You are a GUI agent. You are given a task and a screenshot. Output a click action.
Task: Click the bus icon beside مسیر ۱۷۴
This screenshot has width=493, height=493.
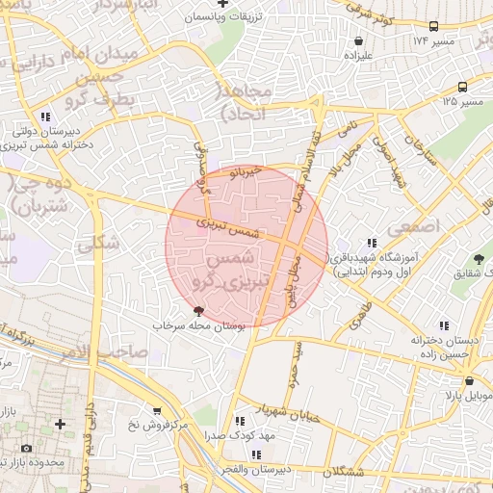[x=434, y=27]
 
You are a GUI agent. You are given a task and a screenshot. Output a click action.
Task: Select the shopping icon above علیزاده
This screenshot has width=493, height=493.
[x=359, y=41]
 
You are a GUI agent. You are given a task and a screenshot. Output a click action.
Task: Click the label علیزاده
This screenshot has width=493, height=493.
[x=358, y=57]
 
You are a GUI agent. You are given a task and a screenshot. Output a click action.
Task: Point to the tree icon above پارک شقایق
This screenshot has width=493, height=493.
[x=479, y=259]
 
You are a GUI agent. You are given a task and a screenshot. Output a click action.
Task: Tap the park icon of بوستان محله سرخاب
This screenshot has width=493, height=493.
[x=198, y=311]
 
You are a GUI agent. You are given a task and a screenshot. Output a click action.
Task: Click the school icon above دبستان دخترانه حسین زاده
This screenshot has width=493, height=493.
[x=443, y=325]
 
